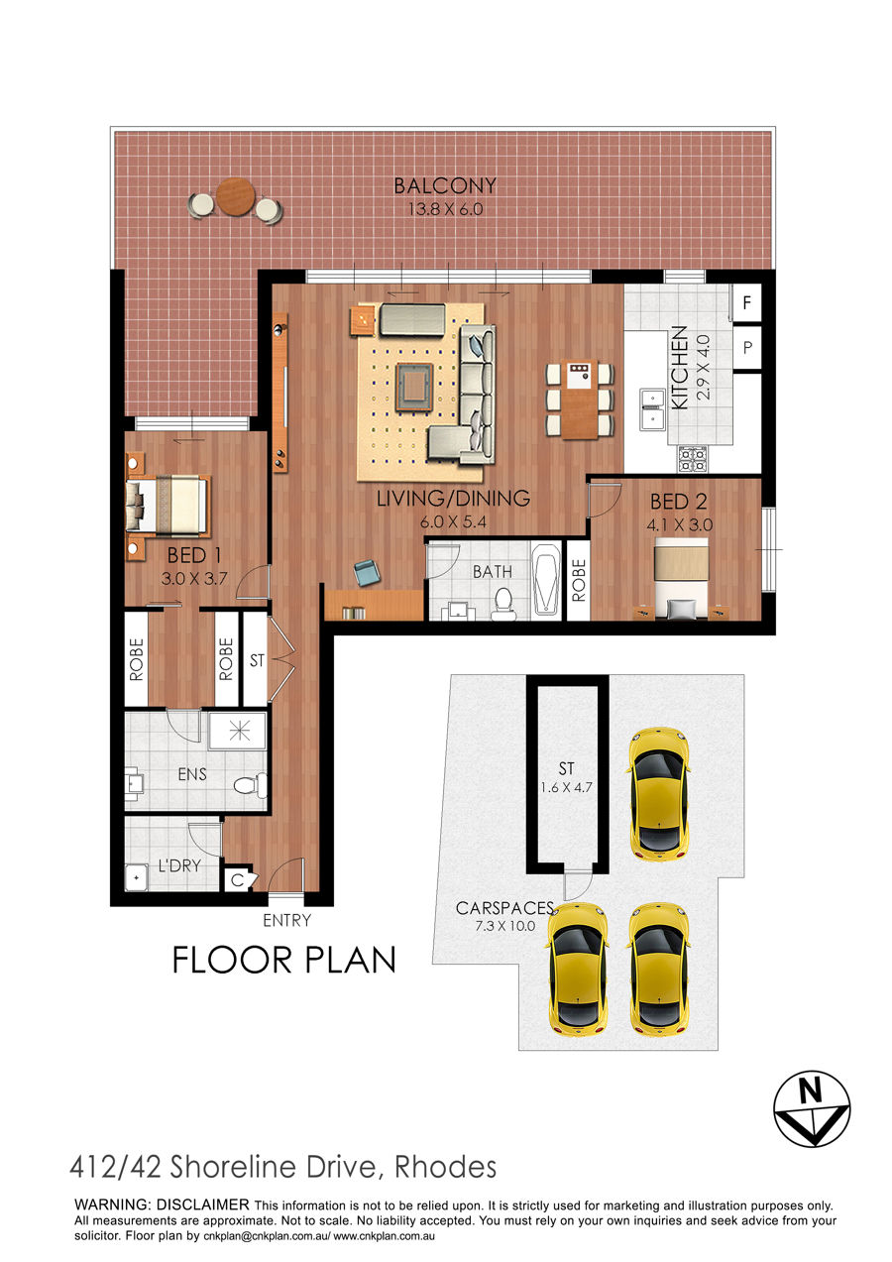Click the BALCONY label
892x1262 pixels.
click(x=445, y=185)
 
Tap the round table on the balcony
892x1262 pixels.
click(x=236, y=196)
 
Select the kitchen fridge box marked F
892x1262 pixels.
click(x=746, y=302)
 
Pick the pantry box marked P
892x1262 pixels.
click(x=747, y=347)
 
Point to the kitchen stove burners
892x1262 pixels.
click(x=692, y=459)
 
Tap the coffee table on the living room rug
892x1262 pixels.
click(x=414, y=387)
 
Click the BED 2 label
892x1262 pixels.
click(x=678, y=502)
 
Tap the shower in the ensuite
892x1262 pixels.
click(x=238, y=732)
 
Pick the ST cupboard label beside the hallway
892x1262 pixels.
click(x=257, y=660)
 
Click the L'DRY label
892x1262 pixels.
click(x=179, y=865)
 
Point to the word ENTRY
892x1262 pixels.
click(x=286, y=921)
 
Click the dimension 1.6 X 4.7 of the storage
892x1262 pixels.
click(x=567, y=787)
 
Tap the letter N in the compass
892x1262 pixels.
click(x=811, y=1092)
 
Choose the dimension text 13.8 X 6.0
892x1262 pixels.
click(x=445, y=209)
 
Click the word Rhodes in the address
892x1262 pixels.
click(x=445, y=1167)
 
